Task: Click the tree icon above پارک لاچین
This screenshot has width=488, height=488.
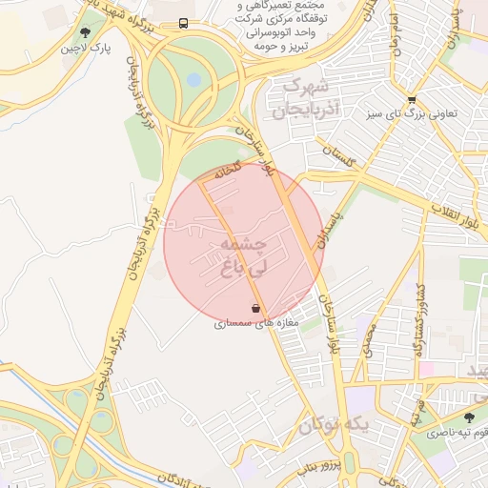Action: click(x=86, y=32)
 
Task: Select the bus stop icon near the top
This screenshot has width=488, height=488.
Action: click(x=182, y=24)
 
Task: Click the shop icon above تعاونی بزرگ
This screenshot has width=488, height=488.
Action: click(x=411, y=98)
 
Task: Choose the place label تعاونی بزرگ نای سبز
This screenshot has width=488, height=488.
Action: click(x=418, y=113)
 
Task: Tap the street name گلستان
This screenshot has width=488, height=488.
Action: click(x=338, y=157)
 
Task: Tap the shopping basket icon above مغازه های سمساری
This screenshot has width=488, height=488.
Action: click(x=255, y=308)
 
